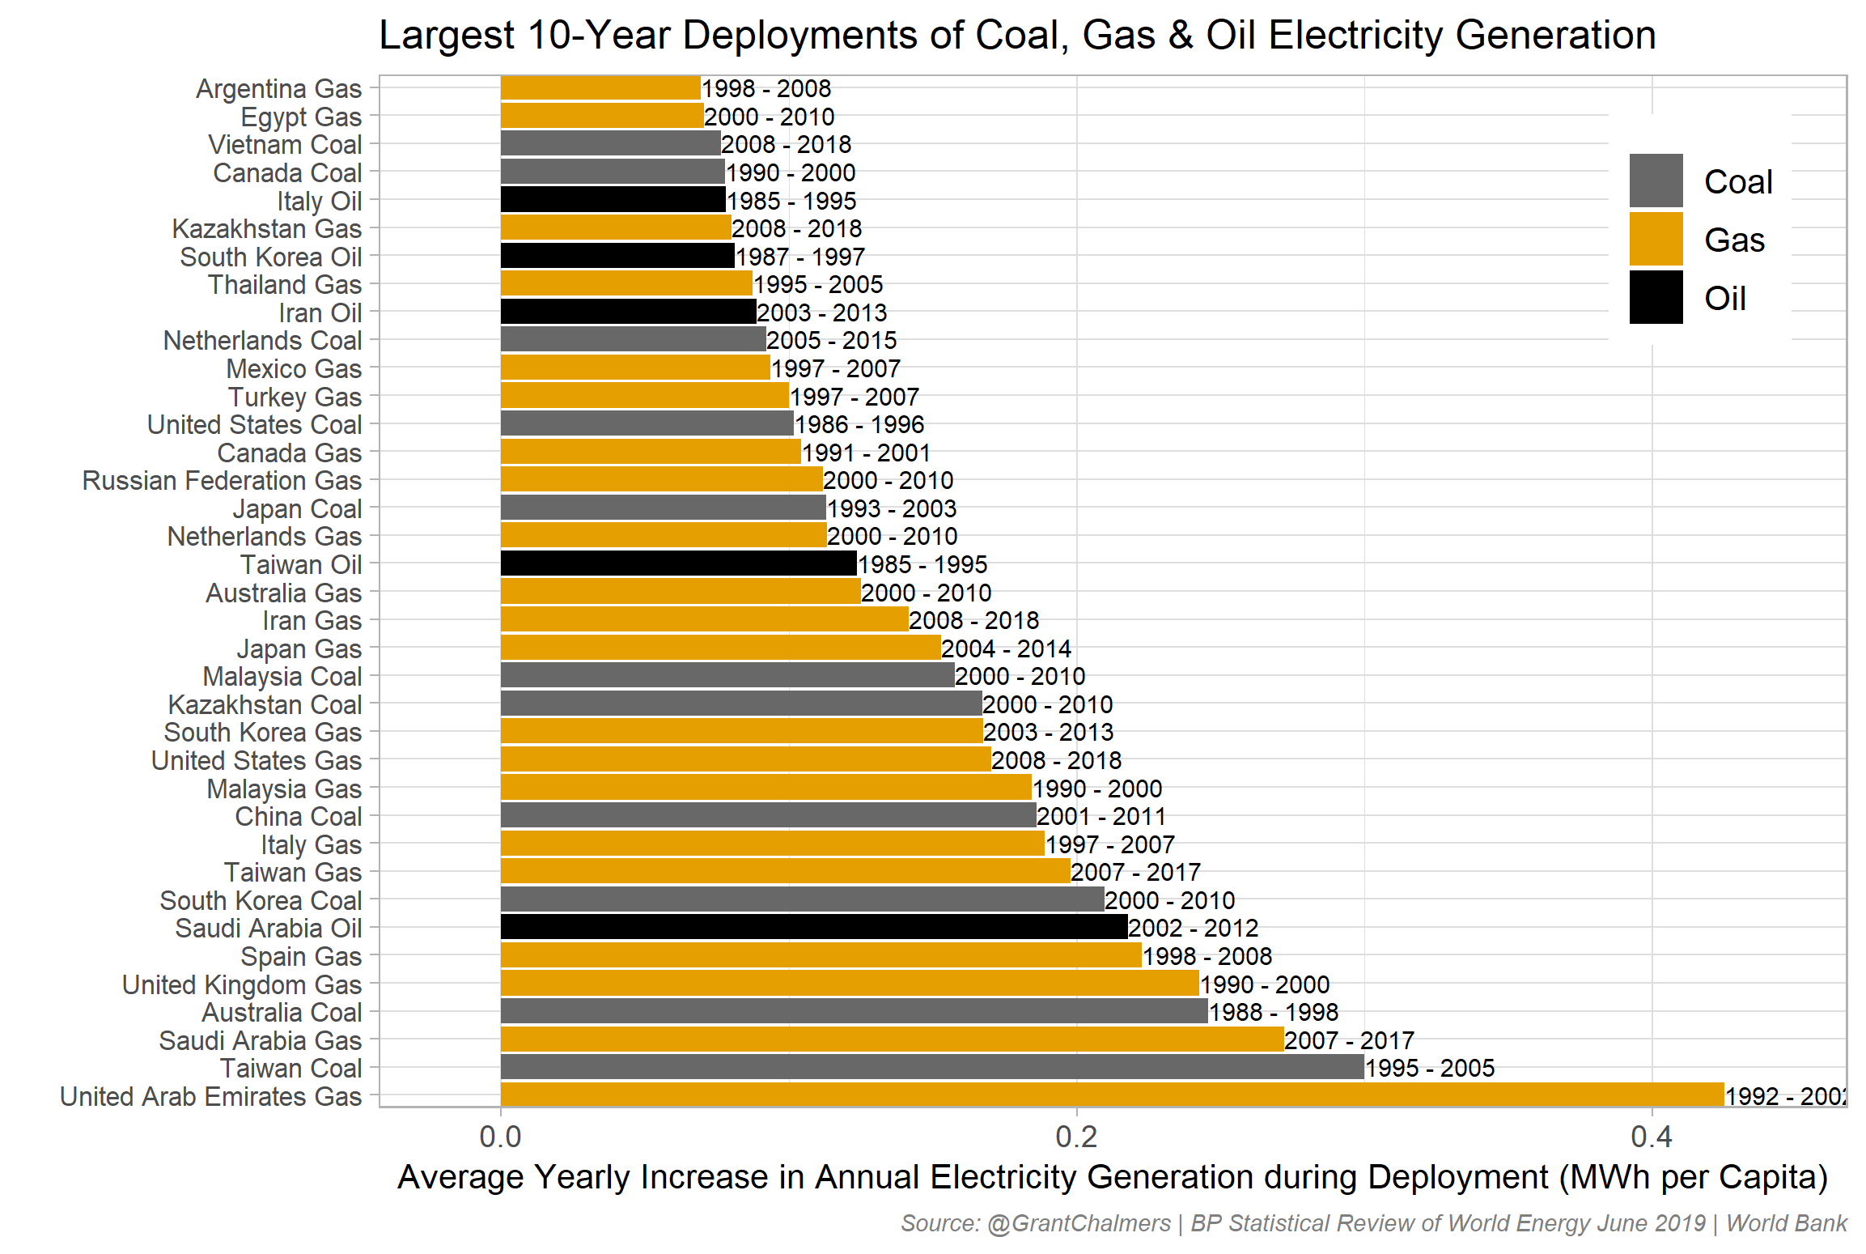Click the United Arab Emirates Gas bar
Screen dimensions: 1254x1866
tap(1112, 1095)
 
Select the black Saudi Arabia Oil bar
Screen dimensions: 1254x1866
tap(813, 927)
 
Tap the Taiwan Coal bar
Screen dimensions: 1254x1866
tap(931, 1067)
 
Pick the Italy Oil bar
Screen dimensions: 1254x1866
tap(613, 200)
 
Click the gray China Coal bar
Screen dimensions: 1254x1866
tap(768, 815)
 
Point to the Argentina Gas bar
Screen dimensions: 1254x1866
tap(600, 87)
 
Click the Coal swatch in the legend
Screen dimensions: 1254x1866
tap(1656, 181)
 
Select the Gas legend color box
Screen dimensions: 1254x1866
tap(1656, 239)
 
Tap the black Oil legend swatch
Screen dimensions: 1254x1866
tap(1656, 297)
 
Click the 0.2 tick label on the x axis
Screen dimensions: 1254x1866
tap(1076, 1137)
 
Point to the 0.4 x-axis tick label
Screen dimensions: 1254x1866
tap(1652, 1137)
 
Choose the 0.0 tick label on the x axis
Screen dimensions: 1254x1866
tap(500, 1137)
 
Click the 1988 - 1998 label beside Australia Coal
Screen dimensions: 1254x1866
tap(1274, 1012)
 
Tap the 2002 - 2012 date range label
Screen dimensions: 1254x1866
tap(1194, 928)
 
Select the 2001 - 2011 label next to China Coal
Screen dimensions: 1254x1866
tap(1101, 816)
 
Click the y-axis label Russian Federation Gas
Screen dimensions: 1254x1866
tap(222, 480)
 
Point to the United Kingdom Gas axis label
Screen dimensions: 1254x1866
tap(242, 984)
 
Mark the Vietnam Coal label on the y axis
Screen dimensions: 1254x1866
tap(285, 144)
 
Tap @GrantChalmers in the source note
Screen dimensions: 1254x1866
tap(1079, 1222)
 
